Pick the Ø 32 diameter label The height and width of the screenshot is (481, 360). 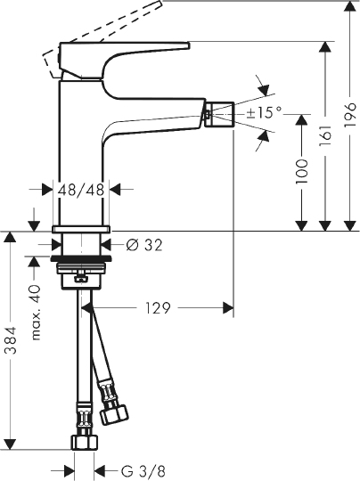pyautogui.click(x=139, y=245)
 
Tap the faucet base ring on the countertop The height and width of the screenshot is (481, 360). pyautogui.click(x=82, y=229)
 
